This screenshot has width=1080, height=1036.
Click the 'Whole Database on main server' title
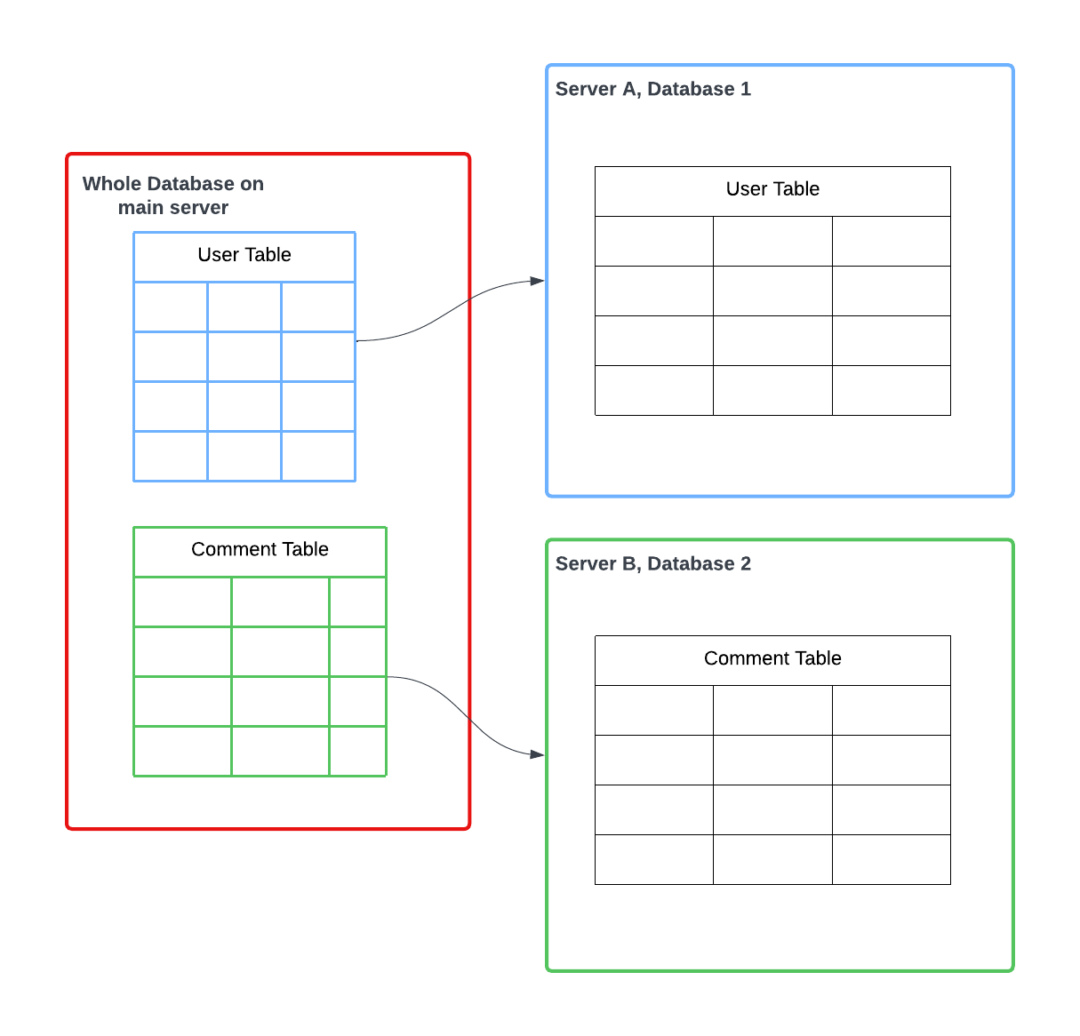pyautogui.click(x=173, y=195)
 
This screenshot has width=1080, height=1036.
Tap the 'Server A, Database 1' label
pyautogui.click(x=652, y=89)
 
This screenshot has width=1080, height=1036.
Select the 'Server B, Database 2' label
pyautogui.click(x=652, y=563)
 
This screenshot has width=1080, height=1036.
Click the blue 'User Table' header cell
pyautogui.click(x=244, y=257)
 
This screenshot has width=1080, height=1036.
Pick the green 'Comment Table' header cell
pyautogui.click(x=260, y=551)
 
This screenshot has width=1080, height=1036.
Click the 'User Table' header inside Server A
pyautogui.click(x=772, y=191)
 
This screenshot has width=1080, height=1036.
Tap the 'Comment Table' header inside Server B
pyautogui.click(x=772, y=660)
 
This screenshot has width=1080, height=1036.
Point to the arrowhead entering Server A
pyautogui.click(x=537, y=281)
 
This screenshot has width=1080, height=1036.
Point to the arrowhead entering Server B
pyautogui.click(x=537, y=754)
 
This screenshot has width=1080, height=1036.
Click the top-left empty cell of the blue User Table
pyautogui.click(x=171, y=307)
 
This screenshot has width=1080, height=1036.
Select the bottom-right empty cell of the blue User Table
pyautogui.click(x=318, y=456)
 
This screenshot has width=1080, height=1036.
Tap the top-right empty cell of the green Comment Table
pyautogui.click(x=357, y=602)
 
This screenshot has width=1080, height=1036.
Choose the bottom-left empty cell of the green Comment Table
pyautogui.click(x=182, y=751)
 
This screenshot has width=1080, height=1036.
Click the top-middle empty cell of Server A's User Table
pyautogui.click(x=772, y=242)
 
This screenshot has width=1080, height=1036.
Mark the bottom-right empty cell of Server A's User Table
pyautogui.click(x=892, y=390)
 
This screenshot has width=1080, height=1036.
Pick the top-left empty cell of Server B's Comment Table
pyautogui.click(x=653, y=711)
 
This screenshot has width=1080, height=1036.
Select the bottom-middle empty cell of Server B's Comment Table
pyautogui.click(x=772, y=860)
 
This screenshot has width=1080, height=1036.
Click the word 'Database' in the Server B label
pyautogui.click(x=691, y=563)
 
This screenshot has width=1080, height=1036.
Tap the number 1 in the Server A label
pyautogui.click(x=746, y=89)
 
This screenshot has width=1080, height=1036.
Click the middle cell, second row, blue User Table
pyautogui.click(x=244, y=356)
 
